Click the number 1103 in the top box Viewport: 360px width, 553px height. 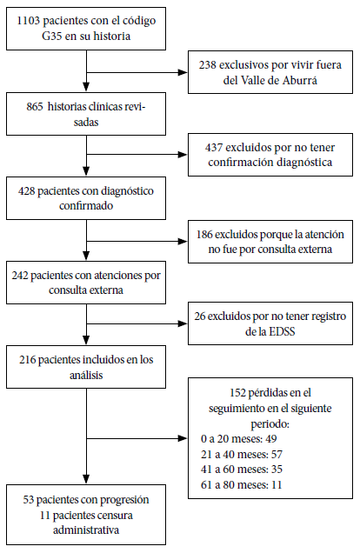point(28,21)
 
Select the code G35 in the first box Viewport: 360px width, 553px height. point(52,36)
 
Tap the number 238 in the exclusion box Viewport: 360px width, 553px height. point(207,65)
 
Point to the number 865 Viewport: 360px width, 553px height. point(35,106)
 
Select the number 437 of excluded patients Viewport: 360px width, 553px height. point(214,147)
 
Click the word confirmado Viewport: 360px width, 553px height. point(86,205)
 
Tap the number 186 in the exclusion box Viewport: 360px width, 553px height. point(204,234)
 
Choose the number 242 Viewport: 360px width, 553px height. point(20,275)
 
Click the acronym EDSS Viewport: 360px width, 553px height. point(282,331)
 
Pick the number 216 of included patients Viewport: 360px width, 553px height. point(28,360)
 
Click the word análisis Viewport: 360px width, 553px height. point(86,375)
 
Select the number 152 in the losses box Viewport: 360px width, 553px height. point(237,392)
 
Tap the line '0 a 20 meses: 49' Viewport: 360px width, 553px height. point(239,439)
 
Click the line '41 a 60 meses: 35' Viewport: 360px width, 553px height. point(242,469)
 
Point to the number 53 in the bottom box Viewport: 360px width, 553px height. point(28,500)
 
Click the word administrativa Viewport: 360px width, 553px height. point(86,530)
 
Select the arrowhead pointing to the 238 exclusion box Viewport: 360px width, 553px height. point(183,72)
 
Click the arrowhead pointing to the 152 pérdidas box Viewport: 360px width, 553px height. point(183,438)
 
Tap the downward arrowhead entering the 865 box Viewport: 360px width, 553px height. point(86,87)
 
